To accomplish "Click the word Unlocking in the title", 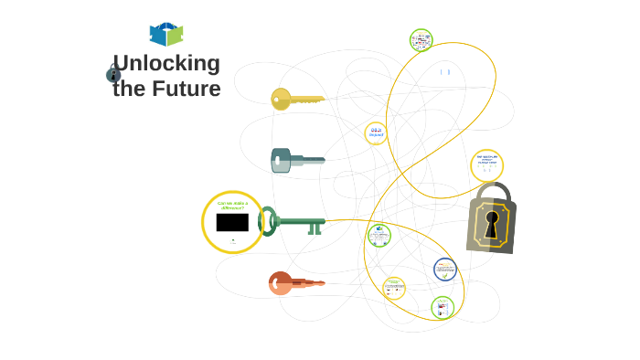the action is click(166, 63).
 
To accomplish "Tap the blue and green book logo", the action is click(166, 34).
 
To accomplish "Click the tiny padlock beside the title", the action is click(113, 73).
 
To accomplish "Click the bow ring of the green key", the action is click(267, 221).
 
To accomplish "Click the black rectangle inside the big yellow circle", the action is click(232, 222).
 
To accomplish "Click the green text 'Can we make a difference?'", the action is click(232, 206).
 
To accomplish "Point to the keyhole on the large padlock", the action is click(492, 222).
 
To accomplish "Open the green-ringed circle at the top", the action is click(421, 40).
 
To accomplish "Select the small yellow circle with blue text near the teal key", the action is click(376, 133).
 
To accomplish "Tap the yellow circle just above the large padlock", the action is click(486, 165).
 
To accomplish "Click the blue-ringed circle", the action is click(445, 270).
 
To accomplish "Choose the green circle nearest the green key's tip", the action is click(379, 236).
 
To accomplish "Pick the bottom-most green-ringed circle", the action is click(443, 308).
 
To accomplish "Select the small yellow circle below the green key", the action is click(394, 288).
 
